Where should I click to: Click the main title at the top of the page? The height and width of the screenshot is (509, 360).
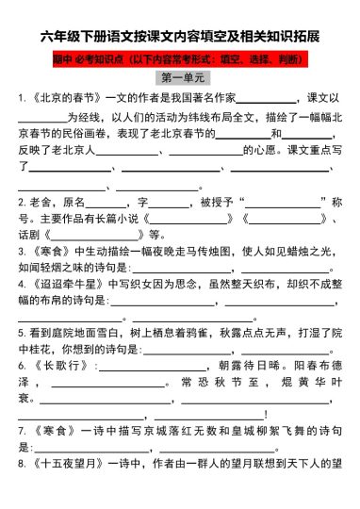(180, 37)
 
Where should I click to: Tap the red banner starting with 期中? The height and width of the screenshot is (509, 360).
(180, 58)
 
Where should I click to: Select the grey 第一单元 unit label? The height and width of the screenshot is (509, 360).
(180, 77)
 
